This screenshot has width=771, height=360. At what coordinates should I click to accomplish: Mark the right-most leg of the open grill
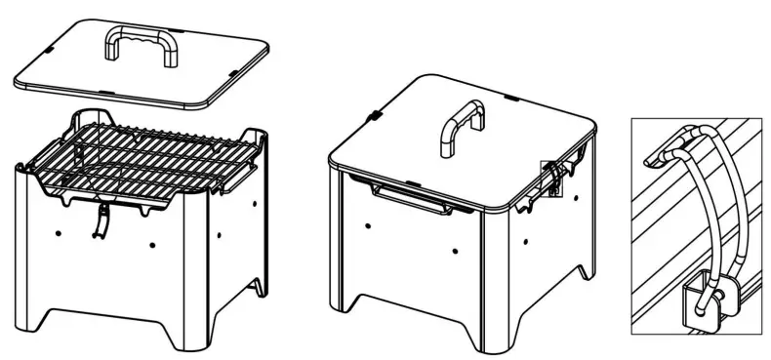click(x=258, y=288)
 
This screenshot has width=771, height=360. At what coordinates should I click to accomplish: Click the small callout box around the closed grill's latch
click(x=553, y=177)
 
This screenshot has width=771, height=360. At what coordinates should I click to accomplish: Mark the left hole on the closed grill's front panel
click(x=368, y=225)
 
